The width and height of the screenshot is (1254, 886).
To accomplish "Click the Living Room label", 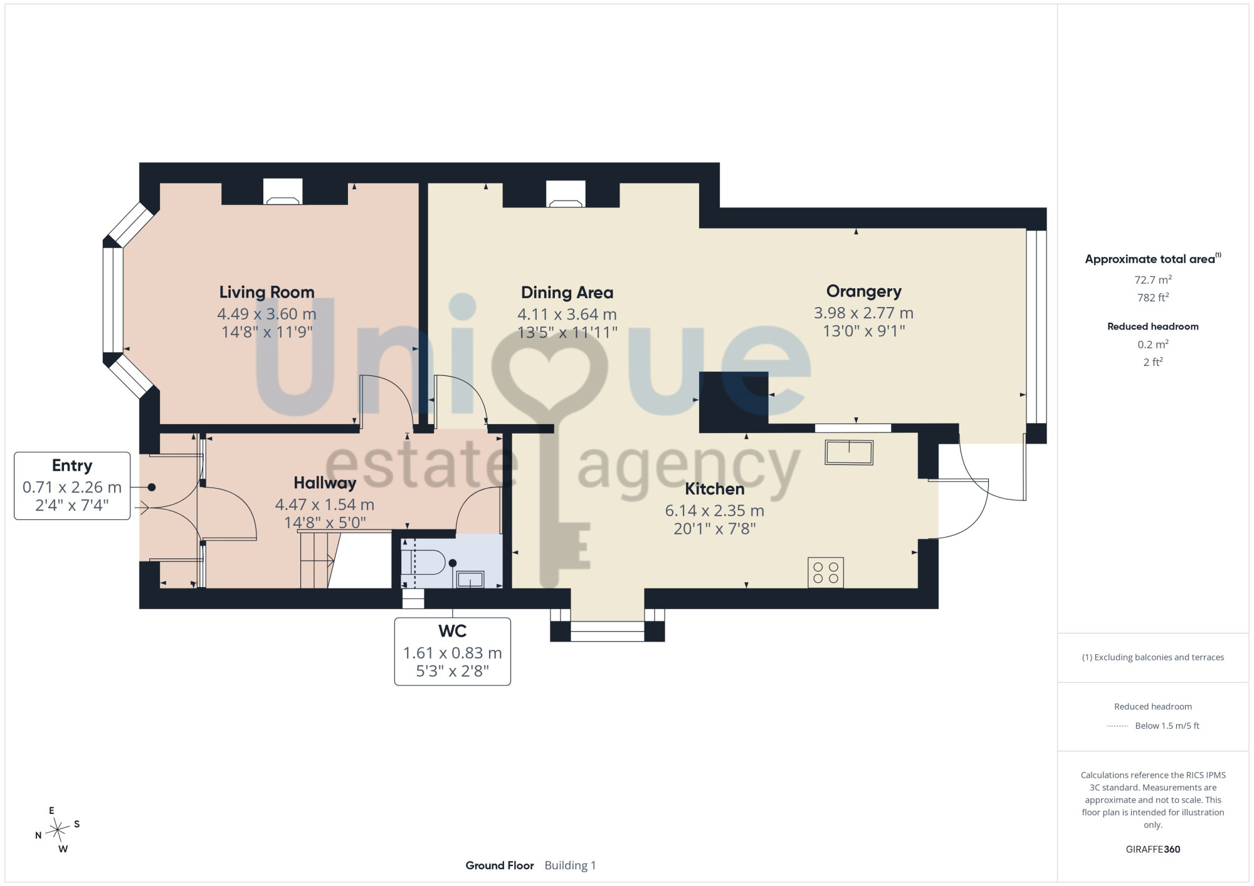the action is (266, 292).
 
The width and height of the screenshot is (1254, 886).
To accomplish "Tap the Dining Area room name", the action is (567, 293).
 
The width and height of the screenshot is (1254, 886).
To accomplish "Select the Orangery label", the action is (863, 291).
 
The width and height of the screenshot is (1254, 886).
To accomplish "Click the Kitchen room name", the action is (714, 489).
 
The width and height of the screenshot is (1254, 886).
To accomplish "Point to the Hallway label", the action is (325, 483).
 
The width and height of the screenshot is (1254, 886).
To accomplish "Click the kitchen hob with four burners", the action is (826, 573).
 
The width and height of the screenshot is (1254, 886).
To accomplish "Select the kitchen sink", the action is (849, 452).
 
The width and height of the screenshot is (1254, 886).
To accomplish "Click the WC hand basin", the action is (470, 580).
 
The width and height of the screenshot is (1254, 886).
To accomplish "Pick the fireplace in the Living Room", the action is (283, 192).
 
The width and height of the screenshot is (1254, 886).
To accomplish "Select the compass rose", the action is (58, 830).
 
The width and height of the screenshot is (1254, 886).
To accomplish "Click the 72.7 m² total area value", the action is (1153, 279).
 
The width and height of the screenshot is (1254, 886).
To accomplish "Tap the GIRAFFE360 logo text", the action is (1153, 850).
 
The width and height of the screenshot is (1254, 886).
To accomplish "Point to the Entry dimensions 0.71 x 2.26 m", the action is (72, 487).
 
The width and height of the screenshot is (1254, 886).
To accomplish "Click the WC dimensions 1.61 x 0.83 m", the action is (453, 654).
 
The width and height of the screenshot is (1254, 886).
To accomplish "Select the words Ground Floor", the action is (500, 865).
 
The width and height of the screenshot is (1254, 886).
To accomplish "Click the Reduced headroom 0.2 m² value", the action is (1153, 344).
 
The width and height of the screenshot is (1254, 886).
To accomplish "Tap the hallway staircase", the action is (317, 560).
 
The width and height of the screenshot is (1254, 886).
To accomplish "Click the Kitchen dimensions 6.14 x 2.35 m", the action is (715, 511).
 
